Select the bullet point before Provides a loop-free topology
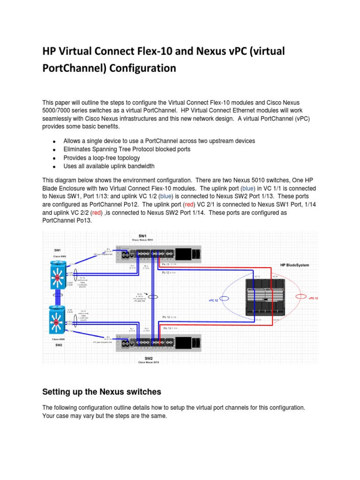54,158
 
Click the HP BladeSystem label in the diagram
294,265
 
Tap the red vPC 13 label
313,298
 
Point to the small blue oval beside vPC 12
225,298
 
